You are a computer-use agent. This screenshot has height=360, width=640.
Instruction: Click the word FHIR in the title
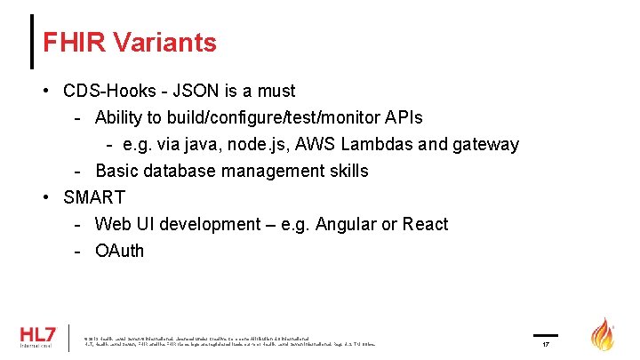point(74,42)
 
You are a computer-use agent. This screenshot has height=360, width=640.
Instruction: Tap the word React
point(425,224)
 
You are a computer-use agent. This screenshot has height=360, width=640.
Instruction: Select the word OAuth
point(119,251)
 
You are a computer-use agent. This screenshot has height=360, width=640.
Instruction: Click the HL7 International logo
point(39,337)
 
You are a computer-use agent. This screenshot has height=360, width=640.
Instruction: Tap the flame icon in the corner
point(604,335)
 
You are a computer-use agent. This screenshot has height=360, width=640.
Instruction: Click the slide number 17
point(547,343)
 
